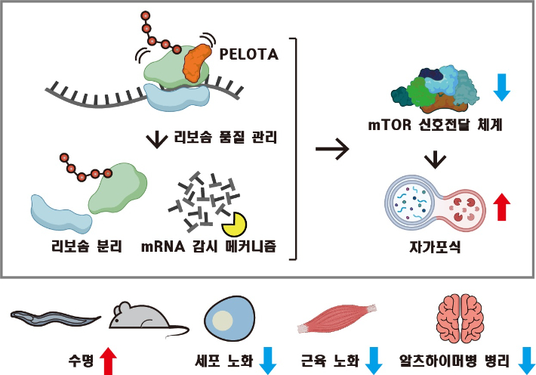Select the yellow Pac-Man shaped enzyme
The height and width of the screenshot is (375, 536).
233,222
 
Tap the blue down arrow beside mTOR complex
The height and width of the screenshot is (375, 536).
502,87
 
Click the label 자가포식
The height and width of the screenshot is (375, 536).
434,246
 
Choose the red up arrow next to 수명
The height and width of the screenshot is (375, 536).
109,359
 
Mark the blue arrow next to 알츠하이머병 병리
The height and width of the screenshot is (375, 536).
525,359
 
